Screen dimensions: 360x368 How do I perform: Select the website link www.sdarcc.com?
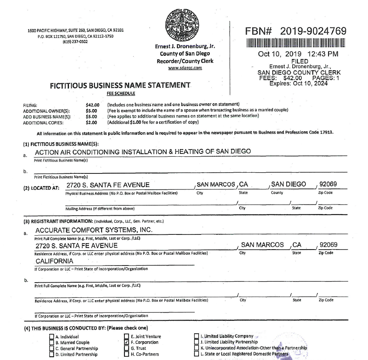click(185, 67)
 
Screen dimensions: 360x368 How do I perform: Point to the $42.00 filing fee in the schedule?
click(92, 105)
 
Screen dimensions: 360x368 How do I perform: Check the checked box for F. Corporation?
click(126, 342)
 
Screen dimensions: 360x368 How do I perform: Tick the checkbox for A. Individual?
click(51, 336)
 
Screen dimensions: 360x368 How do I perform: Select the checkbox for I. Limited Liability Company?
click(196, 336)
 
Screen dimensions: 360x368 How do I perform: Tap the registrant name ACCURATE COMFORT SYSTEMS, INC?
click(94, 230)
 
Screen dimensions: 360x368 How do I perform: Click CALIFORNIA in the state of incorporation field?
click(54, 261)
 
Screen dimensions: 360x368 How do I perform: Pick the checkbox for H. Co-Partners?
click(126, 354)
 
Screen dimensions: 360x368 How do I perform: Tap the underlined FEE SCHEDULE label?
click(121, 94)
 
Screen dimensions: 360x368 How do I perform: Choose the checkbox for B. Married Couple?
click(51, 342)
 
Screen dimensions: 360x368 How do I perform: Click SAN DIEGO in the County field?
click(288, 184)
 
